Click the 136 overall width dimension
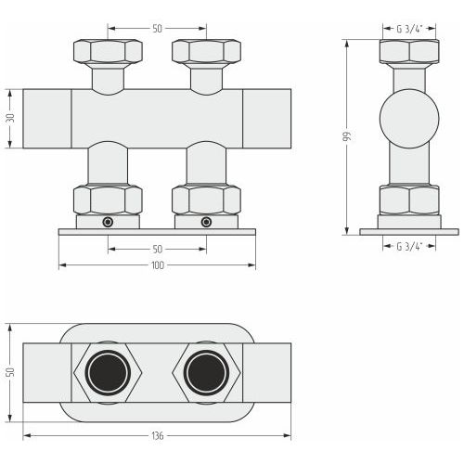tap(158, 436)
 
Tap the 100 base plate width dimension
tap(158, 265)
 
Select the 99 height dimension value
tap(348, 136)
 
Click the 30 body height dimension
tap(10, 118)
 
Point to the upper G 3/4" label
tap(409, 29)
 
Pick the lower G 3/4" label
tap(409, 247)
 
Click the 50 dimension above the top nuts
tap(157, 29)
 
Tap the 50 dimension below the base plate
tap(157, 249)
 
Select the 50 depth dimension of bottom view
tap(10, 372)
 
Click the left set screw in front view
tap(108, 222)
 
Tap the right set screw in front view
tap(206, 222)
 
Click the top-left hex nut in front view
tap(108, 50)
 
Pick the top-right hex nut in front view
tap(206, 50)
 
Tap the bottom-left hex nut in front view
tap(108, 200)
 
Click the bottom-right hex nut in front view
tap(206, 200)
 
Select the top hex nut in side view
tap(409, 51)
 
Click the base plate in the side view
tap(409, 232)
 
